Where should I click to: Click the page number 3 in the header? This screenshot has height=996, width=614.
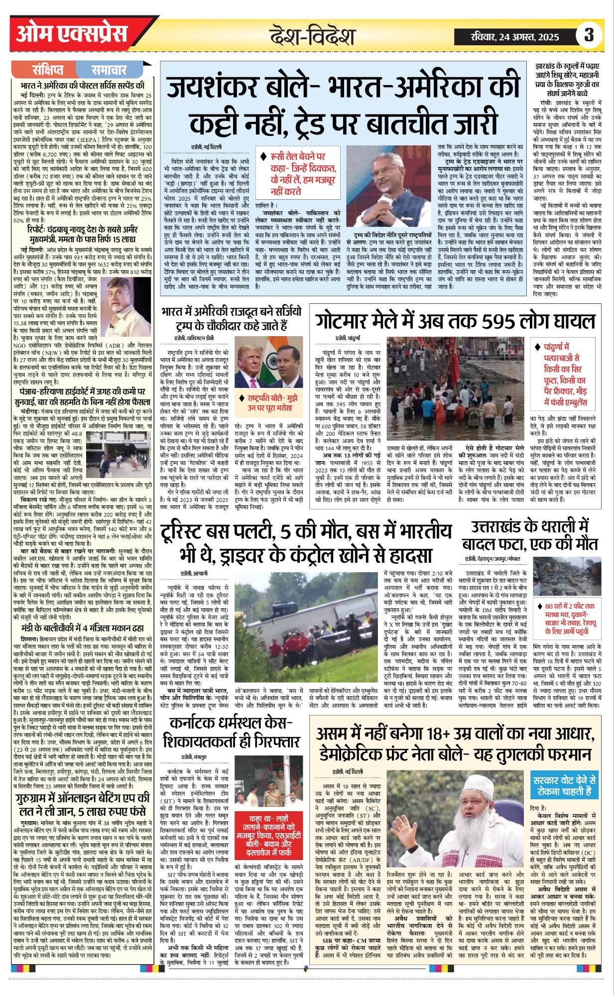(589, 35)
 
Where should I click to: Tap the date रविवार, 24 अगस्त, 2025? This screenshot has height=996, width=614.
(515, 36)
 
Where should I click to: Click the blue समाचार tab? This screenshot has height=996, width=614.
(109, 70)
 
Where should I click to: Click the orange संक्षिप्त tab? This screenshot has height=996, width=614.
(48, 70)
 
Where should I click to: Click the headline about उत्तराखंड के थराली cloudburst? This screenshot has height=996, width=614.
(530, 535)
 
